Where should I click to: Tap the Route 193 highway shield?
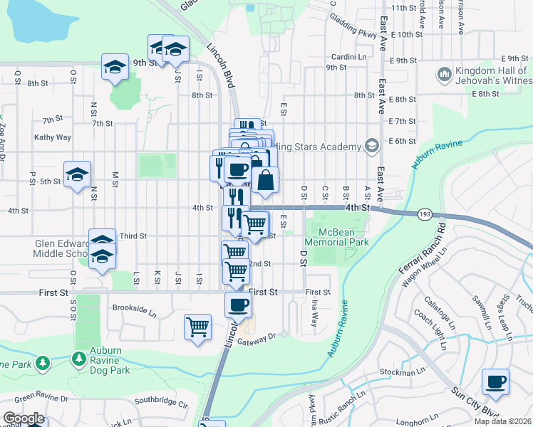tap(425, 213)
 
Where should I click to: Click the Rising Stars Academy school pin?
tap(371, 146)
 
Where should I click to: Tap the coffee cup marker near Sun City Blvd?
tap(495, 381)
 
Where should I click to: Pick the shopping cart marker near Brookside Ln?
tap(198, 328)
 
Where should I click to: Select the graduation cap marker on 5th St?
tap(77, 175)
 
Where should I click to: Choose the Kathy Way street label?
tap(53, 137)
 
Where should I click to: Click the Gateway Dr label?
tap(257, 340)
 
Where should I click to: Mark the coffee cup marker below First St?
tap(238, 305)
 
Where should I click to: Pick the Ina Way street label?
tap(314, 313)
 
